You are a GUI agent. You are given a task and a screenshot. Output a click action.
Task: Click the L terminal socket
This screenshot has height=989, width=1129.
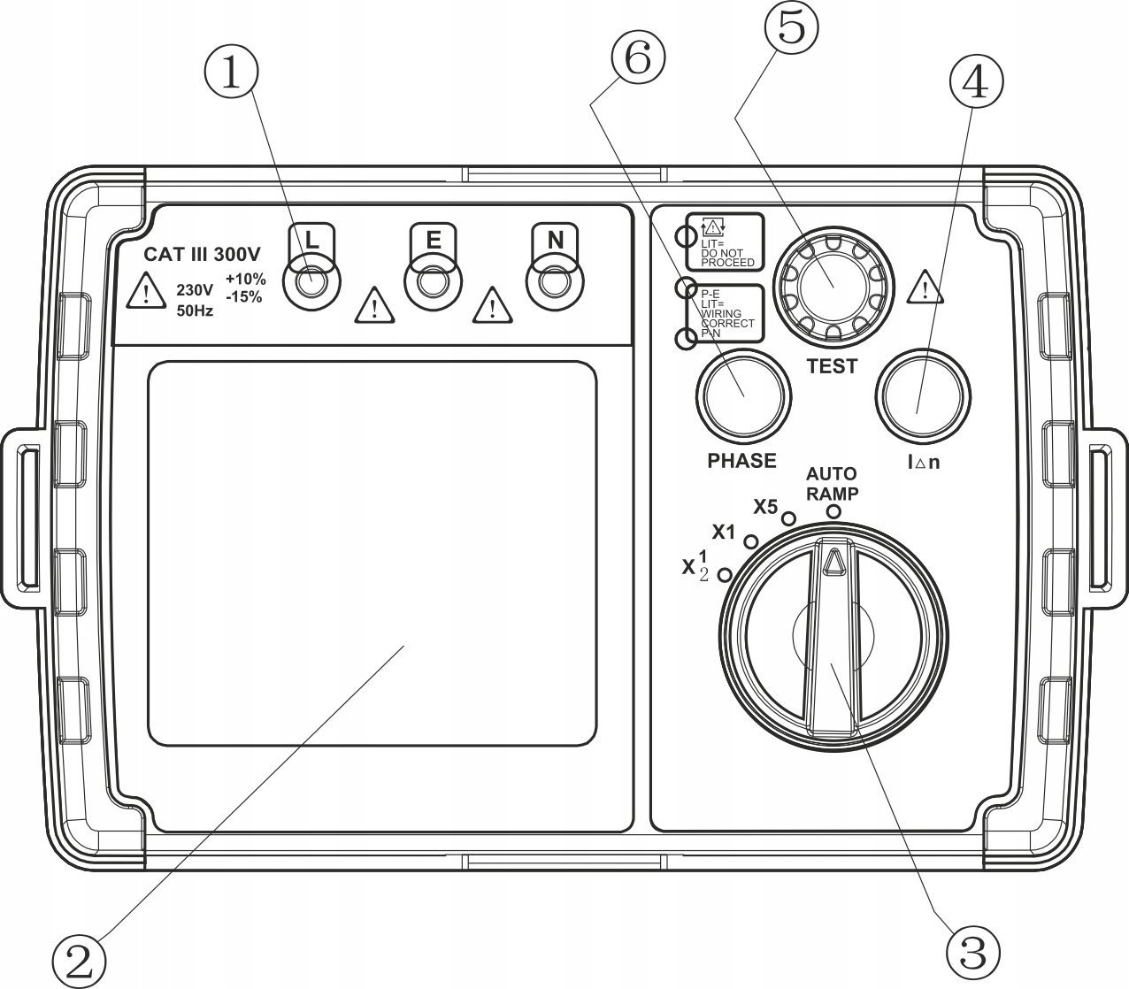(x=309, y=284)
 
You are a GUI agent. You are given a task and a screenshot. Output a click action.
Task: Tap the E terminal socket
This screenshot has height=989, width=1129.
(x=431, y=284)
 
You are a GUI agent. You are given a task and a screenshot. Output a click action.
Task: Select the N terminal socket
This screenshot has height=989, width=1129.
(x=553, y=284)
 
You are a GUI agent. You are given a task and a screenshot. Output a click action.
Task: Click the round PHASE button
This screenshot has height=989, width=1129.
(x=743, y=396)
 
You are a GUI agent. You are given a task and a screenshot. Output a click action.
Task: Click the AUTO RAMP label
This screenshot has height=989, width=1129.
(x=832, y=484)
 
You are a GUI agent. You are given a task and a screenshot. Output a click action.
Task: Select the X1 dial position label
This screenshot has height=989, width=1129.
(x=724, y=533)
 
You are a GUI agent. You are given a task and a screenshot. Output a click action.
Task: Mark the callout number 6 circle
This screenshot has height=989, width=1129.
(x=637, y=58)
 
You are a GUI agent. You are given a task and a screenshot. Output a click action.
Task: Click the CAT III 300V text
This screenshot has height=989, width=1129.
(x=203, y=255)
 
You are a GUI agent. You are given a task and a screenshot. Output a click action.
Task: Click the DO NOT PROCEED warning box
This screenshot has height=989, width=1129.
(x=724, y=241)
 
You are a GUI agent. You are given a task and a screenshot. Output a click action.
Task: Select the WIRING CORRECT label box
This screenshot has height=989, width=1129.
(x=724, y=313)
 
